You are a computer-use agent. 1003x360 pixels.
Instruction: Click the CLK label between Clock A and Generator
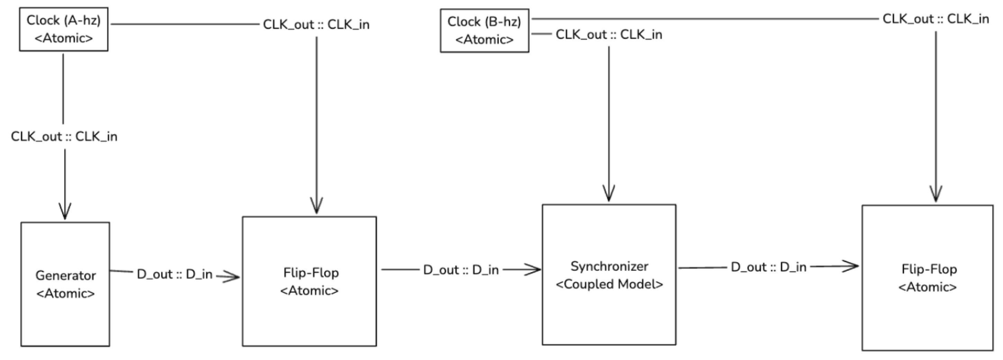[x=64, y=137]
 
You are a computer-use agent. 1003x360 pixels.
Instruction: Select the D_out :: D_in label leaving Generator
[x=174, y=274]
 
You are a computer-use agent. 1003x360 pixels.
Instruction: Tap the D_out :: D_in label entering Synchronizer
[x=461, y=270]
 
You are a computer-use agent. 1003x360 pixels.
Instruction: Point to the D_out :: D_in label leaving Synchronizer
[x=769, y=267]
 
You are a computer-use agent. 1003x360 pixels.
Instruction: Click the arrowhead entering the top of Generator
[x=65, y=211]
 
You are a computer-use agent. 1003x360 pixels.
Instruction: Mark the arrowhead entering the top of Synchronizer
[x=609, y=193]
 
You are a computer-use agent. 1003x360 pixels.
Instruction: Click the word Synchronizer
[x=609, y=267]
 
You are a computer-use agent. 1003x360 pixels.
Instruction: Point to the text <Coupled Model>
[x=609, y=284]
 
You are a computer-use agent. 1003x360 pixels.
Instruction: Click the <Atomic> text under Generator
[x=65, y=294]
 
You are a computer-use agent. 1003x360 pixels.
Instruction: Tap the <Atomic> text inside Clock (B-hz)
[x=485, y=40]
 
